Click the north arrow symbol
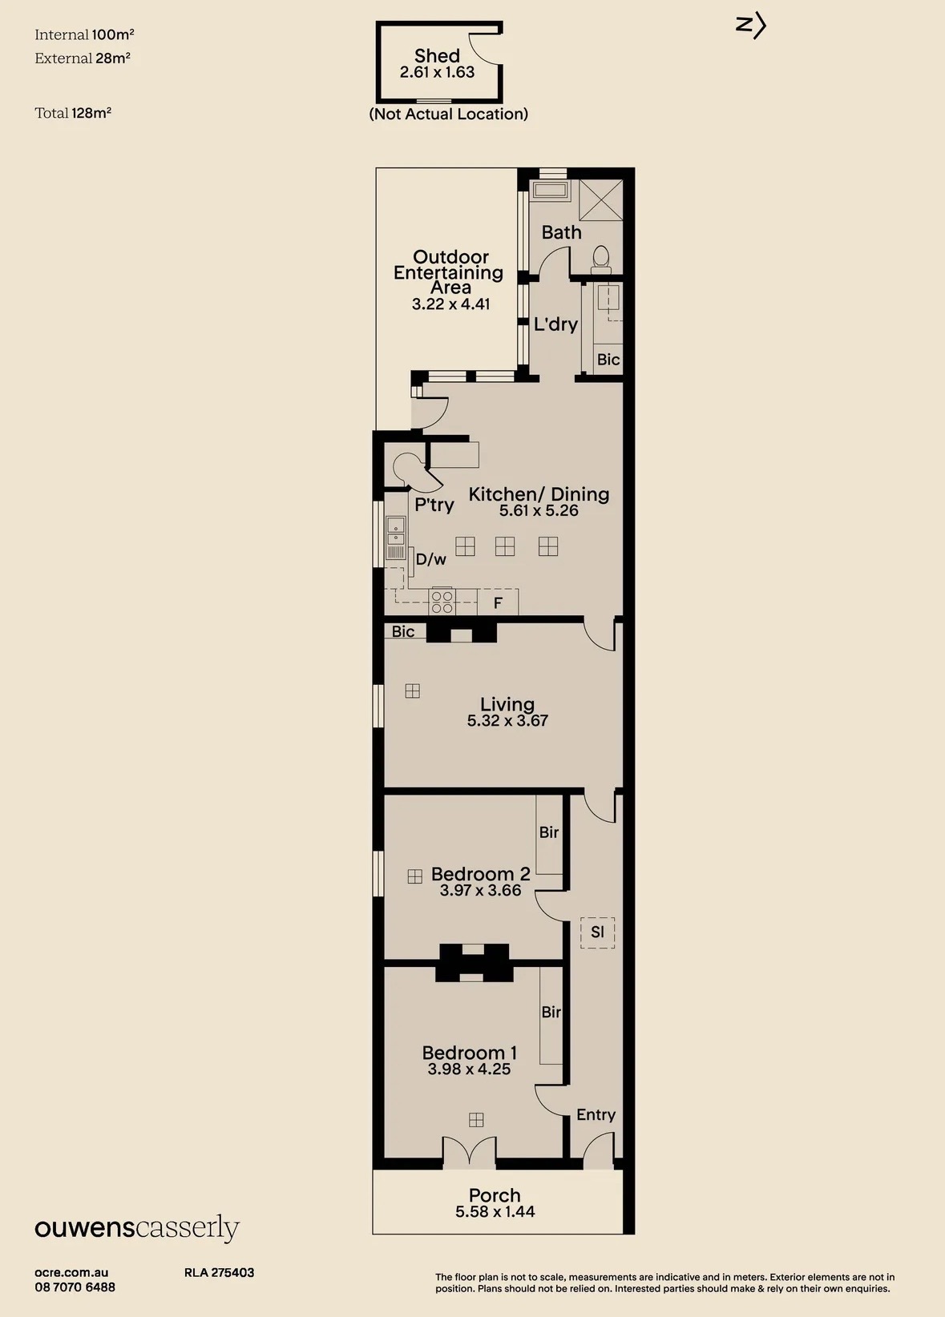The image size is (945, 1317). click(x=751, y=26)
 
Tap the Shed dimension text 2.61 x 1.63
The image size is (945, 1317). click(x=437, y=72)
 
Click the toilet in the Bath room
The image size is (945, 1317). click(x=600, y=260)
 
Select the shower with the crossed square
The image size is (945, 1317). click(x=601, y=200)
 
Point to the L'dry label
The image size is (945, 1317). click(x=555, y=324)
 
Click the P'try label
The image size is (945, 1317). click(x=434, y=505)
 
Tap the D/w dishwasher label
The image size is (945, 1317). click(x=430, y=559)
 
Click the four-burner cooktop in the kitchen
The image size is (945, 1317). click(x=442, y=601)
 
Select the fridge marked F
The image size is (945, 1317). click(x=498, y=602)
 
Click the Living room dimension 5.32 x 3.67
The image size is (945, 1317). click(x=508, y=720)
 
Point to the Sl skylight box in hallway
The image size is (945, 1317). click(x=597, y=932)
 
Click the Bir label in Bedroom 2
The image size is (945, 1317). click(x=549, y=832)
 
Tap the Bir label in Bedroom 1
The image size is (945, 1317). click(x=551, y=1012)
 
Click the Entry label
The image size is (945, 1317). click(x=596, y=1115)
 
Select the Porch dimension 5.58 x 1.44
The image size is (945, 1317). click(x=495, y=1211)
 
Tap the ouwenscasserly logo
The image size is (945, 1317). click(x=137, y=1228)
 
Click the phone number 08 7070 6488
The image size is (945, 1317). click(x=75, y=1287)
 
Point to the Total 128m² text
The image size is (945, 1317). click(x=73, y=113)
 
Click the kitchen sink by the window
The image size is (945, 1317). click(x=395, y=538)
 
